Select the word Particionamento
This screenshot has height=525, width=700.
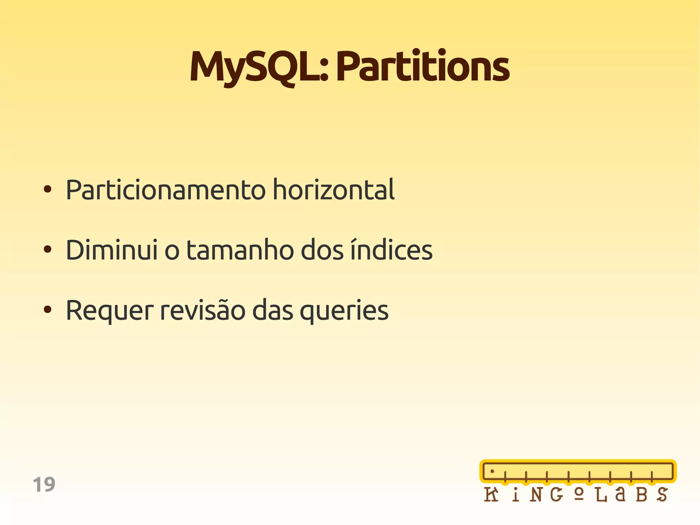165,190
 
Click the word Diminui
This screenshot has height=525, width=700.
112,250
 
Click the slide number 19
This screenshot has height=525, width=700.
44,485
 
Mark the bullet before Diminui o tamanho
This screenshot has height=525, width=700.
48,249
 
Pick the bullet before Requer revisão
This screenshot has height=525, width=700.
48,310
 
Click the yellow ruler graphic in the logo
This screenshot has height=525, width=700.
578,471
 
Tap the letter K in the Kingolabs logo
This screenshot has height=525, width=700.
491,495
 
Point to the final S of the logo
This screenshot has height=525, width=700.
662,495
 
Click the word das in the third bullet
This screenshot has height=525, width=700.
272,310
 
